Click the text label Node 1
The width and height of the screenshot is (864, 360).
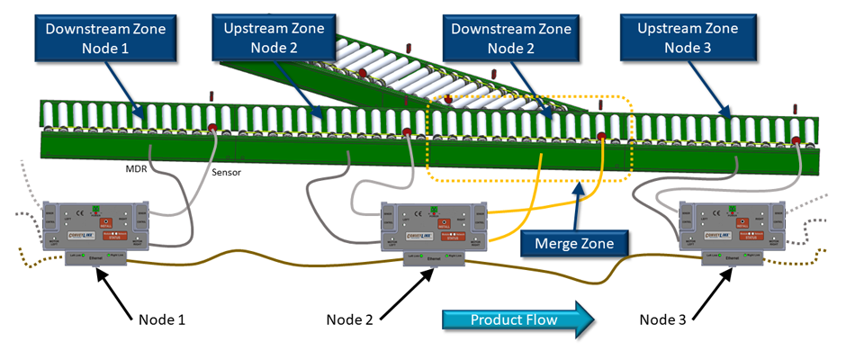tap(164, 319)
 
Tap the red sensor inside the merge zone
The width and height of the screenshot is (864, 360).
tap(601, 138)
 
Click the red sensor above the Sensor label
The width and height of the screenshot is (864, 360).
tap(213, 127)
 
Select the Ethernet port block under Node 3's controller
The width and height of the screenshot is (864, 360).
tap(730, 258)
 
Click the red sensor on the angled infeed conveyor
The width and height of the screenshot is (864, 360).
tap(364, 72)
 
